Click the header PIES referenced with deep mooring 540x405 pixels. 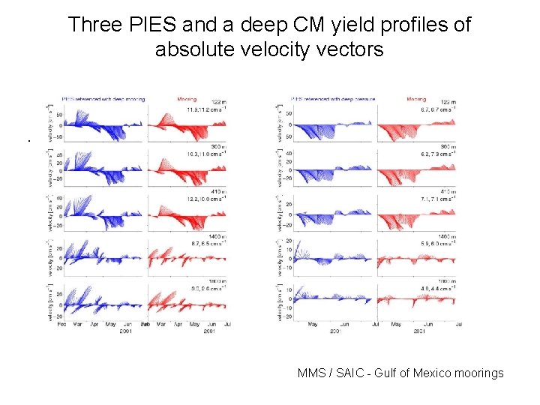[103, 99]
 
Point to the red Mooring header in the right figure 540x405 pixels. [415, 99]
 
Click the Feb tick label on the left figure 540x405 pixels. [61, 324]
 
